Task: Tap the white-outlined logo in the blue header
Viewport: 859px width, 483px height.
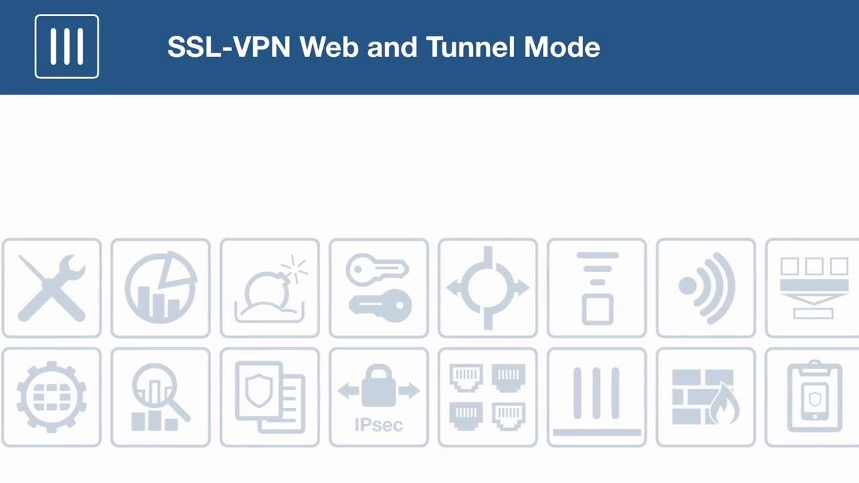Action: pos(67,46)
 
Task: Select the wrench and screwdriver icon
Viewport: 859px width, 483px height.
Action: pos(52,288)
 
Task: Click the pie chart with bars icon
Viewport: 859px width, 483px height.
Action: pos(160,288)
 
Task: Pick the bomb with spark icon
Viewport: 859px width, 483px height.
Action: pos(270,288)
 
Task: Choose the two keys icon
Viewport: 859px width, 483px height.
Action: pos(378,288)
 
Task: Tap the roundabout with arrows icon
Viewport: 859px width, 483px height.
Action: pos(488,288)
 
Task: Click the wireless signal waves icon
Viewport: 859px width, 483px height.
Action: pos(706,288)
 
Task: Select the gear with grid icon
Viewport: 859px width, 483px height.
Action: pos(52,397)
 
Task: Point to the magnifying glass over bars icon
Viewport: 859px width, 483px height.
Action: pos(160,397)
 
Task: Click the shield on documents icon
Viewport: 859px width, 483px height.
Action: pos(270,397)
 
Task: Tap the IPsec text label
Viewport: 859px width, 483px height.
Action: pos(378,425)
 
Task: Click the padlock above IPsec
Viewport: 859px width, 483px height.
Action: pos(378,386)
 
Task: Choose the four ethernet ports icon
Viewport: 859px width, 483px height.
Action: pos(488,397)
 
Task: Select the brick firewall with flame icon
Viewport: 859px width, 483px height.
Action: pos(706,397)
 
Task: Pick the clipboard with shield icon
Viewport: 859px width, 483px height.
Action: pos(815,397)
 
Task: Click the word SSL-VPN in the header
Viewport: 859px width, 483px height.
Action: pos(229,47)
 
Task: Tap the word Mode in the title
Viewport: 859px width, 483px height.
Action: pos(562,47)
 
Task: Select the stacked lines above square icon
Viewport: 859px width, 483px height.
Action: pos(597,288)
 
